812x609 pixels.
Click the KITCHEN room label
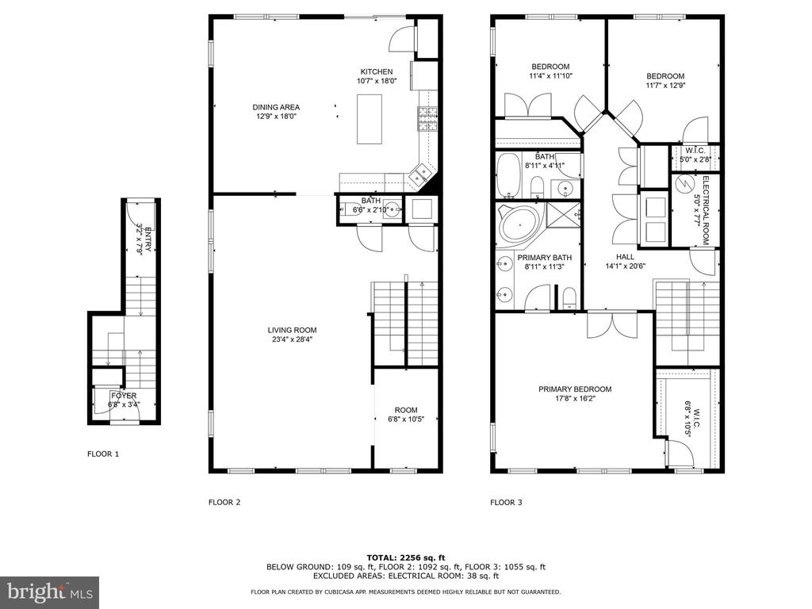pos(377,71)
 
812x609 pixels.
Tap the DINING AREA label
pos(276,107)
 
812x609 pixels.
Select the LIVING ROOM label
pos(292,330)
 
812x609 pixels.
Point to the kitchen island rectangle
pos(370,119)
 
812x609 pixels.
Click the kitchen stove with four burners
pos(427,119)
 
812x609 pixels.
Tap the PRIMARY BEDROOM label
pos(575,389)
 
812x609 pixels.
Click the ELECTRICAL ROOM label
pos(705,210)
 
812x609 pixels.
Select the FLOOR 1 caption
pos(103,454)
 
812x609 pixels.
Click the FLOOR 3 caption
pos(507,502)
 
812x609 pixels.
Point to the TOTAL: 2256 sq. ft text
pos(406,557)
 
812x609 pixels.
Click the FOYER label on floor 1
pos(124,396)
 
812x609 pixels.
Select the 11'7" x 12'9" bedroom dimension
pos(665,86)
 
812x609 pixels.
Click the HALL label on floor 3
pos(625,257)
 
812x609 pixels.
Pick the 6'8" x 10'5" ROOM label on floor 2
pos(406,414)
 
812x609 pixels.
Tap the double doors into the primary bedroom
pos(612,324)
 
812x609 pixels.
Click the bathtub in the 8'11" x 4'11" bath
pos(507,175)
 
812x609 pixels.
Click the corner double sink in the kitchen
pos(419,174)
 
